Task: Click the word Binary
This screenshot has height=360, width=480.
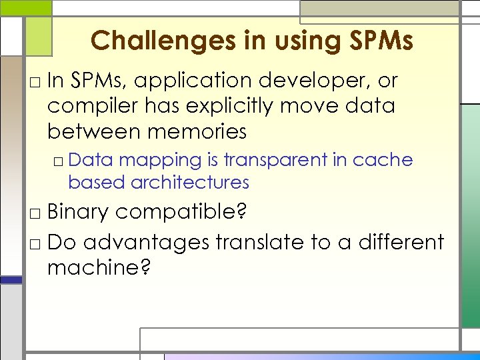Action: tap(78, 212)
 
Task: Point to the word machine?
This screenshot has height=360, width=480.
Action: tap(99, 268)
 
